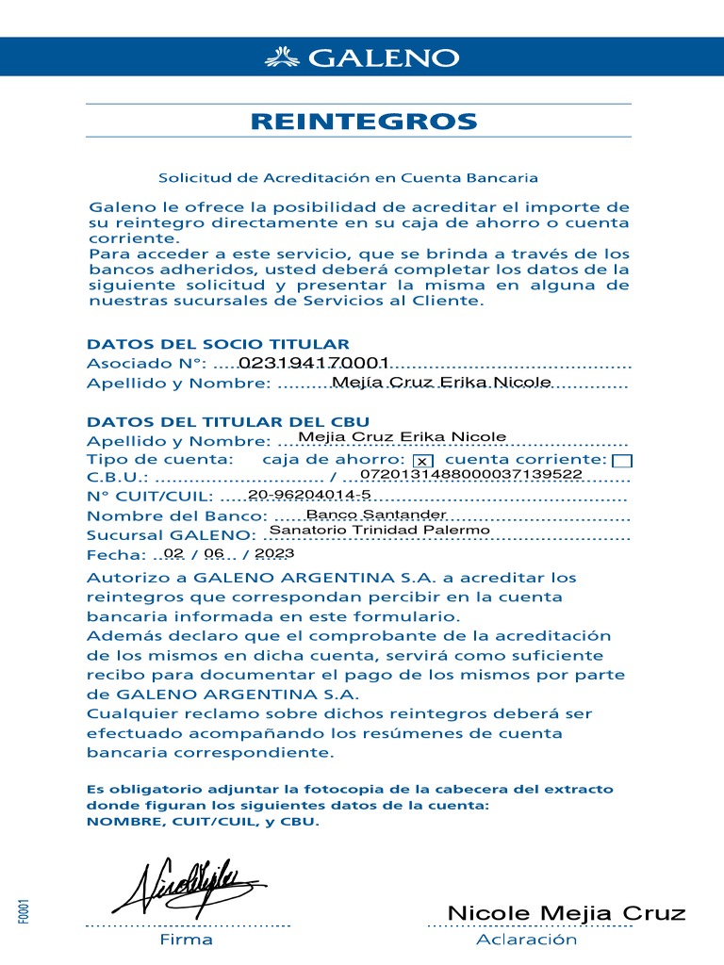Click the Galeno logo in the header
362,57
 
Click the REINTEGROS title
363,121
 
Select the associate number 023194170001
314,363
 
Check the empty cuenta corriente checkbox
622,460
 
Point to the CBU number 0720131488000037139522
471,474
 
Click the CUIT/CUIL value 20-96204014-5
309,494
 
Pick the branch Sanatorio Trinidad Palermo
380,530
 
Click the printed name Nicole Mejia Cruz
566,913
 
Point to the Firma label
186,940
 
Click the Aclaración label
526,940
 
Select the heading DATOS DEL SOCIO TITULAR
218,345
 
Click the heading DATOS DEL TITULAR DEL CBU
228,421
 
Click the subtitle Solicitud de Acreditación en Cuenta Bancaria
348,177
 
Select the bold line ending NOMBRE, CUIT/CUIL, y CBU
203,822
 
